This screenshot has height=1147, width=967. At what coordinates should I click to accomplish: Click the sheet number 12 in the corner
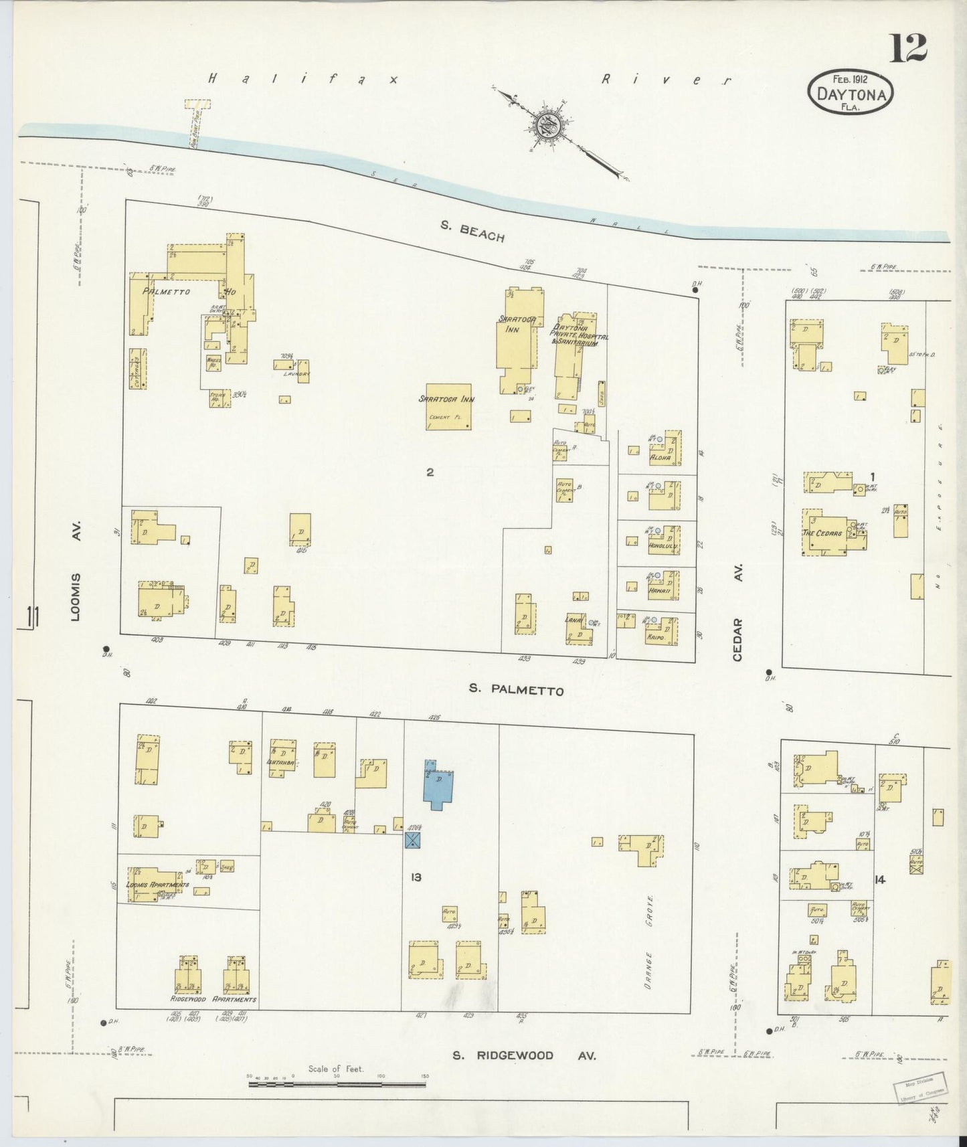coord(907,48)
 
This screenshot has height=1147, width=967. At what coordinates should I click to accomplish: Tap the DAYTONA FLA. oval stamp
coord(851,93)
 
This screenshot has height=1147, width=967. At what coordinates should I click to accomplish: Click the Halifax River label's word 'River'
coord(666,79)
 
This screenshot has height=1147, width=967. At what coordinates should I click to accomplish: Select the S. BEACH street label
coord(472,232)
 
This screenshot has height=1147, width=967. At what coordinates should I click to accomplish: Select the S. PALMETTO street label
coord(516,690)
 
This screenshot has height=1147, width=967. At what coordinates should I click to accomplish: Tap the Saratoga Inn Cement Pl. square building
coord(448,407)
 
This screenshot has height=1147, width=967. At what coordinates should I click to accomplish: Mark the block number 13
coord(416,877)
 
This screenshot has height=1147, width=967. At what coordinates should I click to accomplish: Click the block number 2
coord(430,472)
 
